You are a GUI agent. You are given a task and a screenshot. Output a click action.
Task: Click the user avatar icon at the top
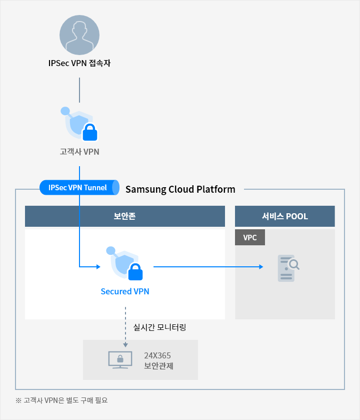[x=79, y=35]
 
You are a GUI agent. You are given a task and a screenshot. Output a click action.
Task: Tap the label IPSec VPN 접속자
[x=79, y=63]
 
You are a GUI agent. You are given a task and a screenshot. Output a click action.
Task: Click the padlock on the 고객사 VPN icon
[x=90, y=132]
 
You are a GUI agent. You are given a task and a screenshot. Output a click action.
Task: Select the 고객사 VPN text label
[x=79, y=152]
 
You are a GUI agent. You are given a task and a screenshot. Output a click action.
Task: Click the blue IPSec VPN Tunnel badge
[x=79, y=188]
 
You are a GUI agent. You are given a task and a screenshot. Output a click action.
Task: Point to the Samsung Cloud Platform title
[x=180, y=189]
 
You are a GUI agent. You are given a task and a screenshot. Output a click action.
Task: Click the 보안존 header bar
[x=125, y=216]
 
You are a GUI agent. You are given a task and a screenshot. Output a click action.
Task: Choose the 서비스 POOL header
[x=285, y=216]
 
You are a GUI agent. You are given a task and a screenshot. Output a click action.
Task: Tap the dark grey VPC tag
[x=250, y=237]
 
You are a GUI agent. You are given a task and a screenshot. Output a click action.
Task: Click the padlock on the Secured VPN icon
[x=135, y=272]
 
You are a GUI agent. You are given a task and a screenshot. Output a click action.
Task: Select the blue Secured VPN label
[x=125, y=291]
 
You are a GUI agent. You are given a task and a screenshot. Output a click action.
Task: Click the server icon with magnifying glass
[x=288, y=268]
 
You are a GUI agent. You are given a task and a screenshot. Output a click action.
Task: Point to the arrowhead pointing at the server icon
[x=261, y=267]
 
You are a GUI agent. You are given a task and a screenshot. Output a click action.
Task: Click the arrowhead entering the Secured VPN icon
[x=98, y=267]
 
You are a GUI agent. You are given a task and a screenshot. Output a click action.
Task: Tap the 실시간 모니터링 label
[x=159, y=327]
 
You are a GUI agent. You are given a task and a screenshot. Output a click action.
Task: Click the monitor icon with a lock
[x=120, y=360]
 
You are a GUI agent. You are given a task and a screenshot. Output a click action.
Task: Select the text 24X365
[x=157, y=355]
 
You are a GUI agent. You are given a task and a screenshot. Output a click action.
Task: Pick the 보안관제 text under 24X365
[x=158, y=365]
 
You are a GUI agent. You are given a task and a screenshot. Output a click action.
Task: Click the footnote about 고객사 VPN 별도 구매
[x=61, y=400]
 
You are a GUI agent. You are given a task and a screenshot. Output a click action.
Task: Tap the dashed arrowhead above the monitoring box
[x=125, y=345]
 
